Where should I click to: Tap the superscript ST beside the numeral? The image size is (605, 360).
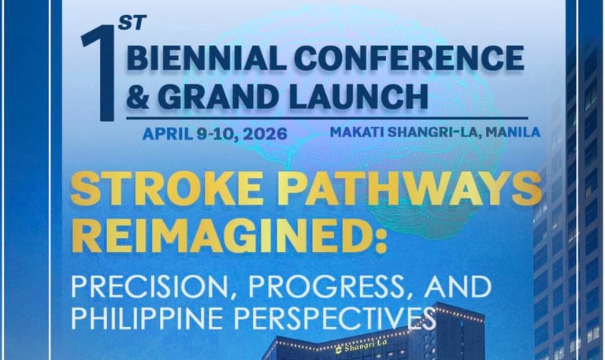[x=132, y=23]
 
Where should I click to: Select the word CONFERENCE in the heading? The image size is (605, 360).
[x=409, y=58]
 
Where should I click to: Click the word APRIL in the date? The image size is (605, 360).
[x=168, y=134]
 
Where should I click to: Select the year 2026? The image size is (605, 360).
[x=265, y=134]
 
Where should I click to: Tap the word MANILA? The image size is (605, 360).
[x=513, y=132]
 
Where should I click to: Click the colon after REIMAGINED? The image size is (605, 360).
[x=380, y=239]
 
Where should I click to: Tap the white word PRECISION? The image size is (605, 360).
[x=153, y=287]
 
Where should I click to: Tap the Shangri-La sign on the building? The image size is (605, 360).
[x=362, y=347]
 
